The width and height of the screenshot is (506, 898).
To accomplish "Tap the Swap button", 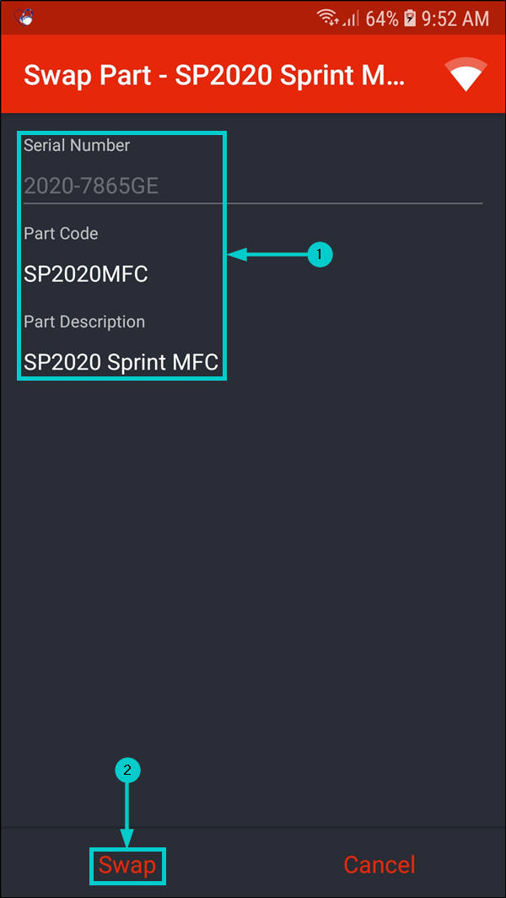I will point(127,865).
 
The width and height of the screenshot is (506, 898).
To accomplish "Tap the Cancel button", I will point(379,865).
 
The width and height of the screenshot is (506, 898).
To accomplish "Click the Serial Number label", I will point(77,145).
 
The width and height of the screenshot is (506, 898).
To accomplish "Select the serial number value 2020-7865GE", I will point(91,186).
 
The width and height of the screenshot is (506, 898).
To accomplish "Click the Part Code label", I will point(61,234).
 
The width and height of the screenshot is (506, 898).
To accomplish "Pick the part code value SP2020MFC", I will point(86,274).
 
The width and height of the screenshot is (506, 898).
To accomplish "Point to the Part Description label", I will point(84,322).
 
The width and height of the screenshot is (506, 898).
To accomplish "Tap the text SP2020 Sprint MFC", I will point(121,363).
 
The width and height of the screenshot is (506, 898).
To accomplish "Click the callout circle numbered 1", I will point(320,254).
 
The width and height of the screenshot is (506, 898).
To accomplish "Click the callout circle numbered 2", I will point(127,770).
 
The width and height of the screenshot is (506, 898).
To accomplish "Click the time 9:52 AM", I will point(456,18).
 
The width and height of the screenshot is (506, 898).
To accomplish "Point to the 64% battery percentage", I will point(382,18).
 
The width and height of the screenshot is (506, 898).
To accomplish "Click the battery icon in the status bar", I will point(411,18).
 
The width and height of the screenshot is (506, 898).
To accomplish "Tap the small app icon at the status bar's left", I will point(24,17).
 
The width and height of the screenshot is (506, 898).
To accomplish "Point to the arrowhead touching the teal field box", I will point(234,254).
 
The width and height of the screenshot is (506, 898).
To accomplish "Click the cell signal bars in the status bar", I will point(352,18).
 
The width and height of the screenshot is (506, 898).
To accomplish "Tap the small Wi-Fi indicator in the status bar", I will point(328,18).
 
